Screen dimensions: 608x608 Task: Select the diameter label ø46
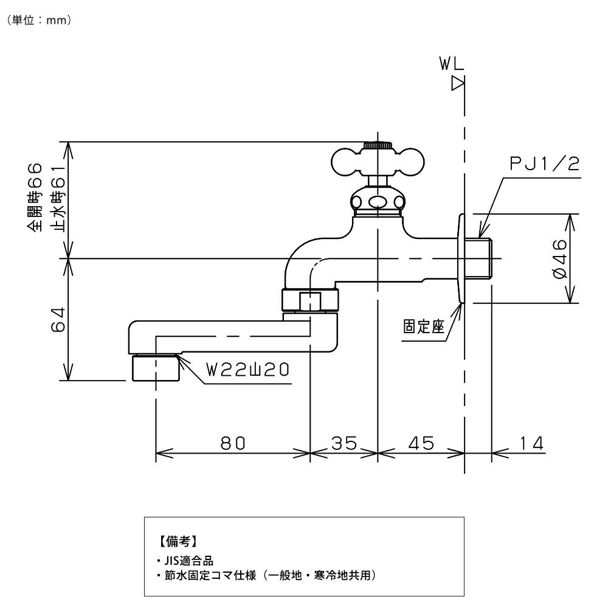pyautogui.click(x=559, y=258)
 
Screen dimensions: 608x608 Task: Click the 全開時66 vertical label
pyautogui.click(x=34, y=198)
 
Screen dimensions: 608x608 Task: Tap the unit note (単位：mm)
pyautogui.click(x=40, y=20)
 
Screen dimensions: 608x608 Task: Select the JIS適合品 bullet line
pyautogui.click(x=184, y=561)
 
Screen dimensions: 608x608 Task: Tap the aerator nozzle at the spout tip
pyautogui.click(x=156, y=368)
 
